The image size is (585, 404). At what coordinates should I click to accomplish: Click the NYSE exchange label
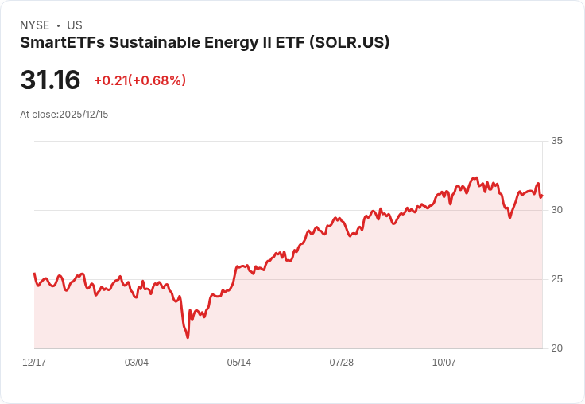(35, 25)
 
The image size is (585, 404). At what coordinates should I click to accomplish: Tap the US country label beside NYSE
(75, 25)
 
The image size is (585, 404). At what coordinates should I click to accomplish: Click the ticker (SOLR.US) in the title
(347, 43)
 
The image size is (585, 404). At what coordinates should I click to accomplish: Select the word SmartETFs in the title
(60, 43)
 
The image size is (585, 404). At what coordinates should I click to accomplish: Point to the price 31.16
(50, 80)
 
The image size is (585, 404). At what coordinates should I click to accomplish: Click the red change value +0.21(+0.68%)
(140, 80)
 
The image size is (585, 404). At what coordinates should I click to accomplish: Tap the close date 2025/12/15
(83, 115)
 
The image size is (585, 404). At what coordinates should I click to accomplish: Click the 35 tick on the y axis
(556, 141)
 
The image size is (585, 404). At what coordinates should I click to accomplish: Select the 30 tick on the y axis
(556, 210)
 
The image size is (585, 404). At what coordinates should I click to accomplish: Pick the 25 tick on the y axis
(556, 279)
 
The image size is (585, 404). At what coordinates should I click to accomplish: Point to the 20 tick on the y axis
(556, 348)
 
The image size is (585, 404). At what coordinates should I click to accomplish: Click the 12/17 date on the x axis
(34, 363)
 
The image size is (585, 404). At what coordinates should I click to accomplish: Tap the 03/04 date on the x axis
(137, 363)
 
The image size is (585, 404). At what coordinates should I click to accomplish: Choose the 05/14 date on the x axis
(239, 363)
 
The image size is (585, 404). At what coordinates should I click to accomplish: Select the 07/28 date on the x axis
(342, 363)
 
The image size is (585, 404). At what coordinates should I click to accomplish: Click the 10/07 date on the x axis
(444, 363)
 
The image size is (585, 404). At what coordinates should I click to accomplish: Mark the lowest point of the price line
(188, 338)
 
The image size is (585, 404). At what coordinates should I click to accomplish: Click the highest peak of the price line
(476, 178)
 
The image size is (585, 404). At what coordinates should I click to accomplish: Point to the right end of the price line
(541, 196)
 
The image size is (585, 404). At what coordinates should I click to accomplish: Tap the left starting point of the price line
(34, 274)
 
